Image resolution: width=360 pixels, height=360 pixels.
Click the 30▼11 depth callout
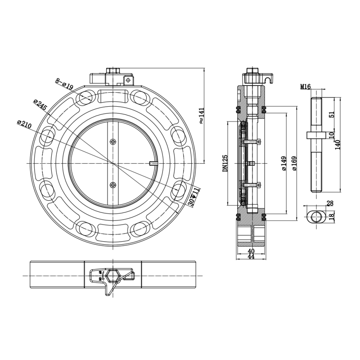point(193,196)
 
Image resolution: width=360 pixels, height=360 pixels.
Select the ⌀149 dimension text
point(284,164)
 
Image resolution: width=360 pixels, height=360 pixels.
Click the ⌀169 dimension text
point(294,164)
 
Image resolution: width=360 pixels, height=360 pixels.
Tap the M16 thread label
point(305,86)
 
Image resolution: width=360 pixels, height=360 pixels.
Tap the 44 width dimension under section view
point(251,256)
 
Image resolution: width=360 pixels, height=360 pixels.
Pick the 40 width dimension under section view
point(251,251)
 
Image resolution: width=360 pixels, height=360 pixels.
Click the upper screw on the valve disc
point(112,142)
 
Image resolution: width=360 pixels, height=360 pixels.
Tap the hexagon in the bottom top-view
point(112,275)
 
